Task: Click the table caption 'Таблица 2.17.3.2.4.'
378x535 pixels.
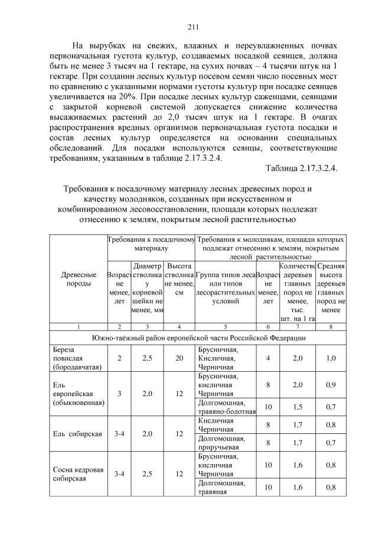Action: (301, 168)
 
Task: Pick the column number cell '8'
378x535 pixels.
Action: (331, 326)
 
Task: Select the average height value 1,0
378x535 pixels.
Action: (331, 358)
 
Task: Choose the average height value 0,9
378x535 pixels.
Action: (331, 384)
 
